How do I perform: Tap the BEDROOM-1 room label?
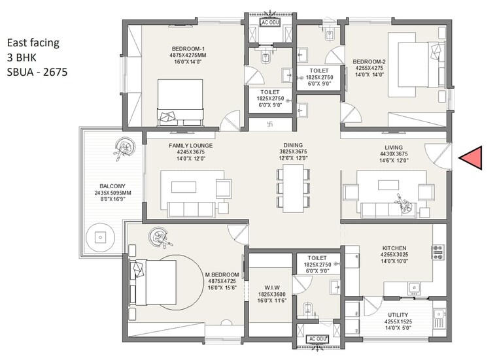189,48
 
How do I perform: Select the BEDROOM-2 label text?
370,62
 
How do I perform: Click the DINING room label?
293,145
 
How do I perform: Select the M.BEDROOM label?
220,274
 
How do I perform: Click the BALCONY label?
104,185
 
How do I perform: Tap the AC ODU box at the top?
270,22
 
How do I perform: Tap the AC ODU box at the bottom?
317,339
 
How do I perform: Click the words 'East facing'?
33,43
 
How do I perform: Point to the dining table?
293,186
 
